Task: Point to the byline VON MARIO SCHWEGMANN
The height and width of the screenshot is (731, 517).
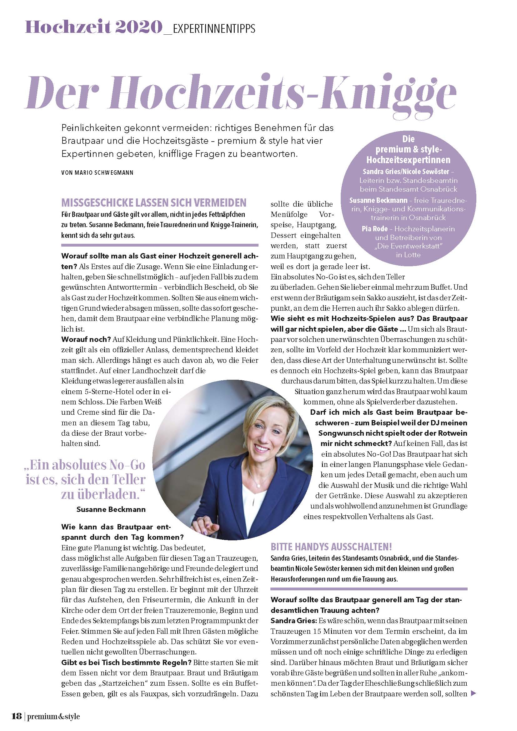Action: pos(97,173)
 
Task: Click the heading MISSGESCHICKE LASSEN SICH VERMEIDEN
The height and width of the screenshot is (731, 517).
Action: pos(154,203)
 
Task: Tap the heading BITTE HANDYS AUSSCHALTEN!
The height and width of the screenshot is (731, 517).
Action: pos(331,547)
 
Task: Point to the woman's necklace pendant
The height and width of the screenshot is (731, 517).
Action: pos(258,486)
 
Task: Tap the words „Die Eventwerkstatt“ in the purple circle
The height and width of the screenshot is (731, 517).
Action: pos(409,246)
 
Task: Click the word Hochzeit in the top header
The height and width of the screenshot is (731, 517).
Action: pos(68,28)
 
